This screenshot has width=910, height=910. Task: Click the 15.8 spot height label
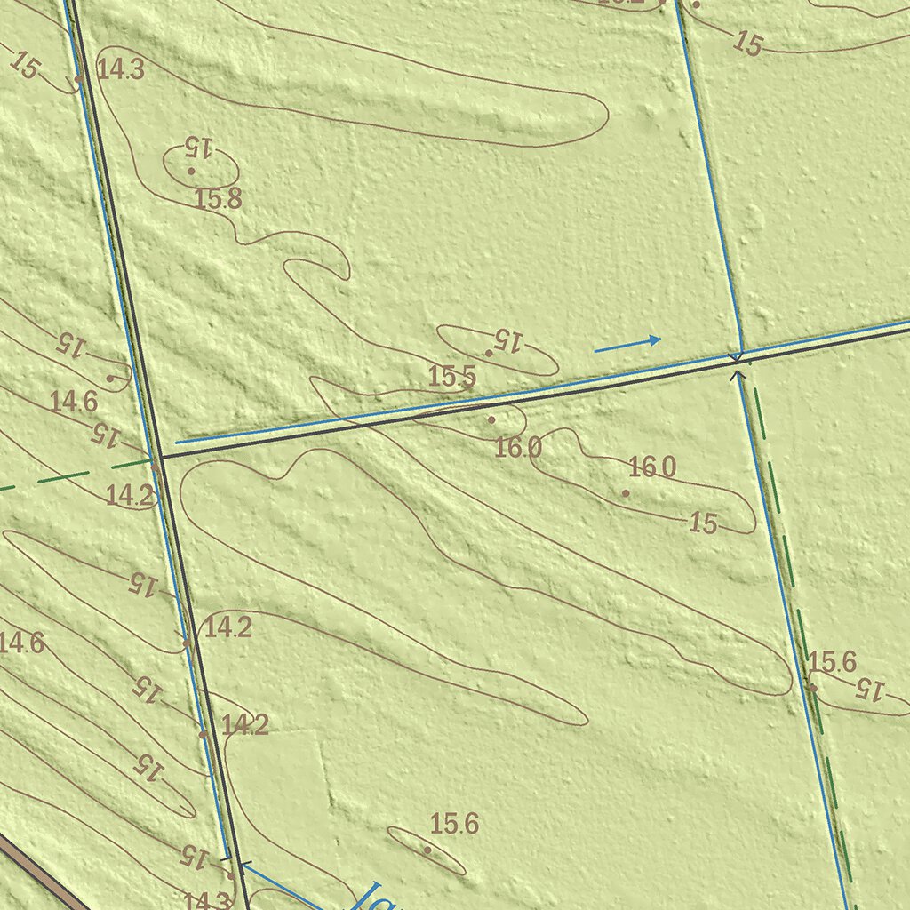[x=218, y=199]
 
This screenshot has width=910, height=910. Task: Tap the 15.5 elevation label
[x=451, y=377]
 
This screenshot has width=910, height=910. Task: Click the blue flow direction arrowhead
[x=655, y=339]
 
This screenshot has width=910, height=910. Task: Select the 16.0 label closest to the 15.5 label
[x=517, y=448]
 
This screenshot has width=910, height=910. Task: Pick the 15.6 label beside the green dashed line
[x=832, y=662]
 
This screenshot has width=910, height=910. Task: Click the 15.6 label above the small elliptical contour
[x=454, y=825]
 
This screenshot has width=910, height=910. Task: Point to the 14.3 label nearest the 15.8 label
[x=121, y=70]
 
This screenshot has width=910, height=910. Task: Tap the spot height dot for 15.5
[x=489, y=354]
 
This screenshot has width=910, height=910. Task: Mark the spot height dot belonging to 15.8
[x=191, y=171]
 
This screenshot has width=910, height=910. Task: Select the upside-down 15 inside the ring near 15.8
[x=199, y=146]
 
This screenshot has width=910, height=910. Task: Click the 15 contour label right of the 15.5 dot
[x=508, y=339]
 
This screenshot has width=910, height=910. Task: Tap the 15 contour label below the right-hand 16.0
[x=703, y=523]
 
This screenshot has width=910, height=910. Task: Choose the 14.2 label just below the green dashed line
[x=130, y=496]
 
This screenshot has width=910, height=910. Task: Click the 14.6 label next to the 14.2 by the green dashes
[x=73, y=402]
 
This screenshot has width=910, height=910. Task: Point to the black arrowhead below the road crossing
[x=737, y=376]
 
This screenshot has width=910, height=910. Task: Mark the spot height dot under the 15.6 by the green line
[x=812, y=687]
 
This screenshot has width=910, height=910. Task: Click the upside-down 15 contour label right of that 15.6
[x=871, y=689]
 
